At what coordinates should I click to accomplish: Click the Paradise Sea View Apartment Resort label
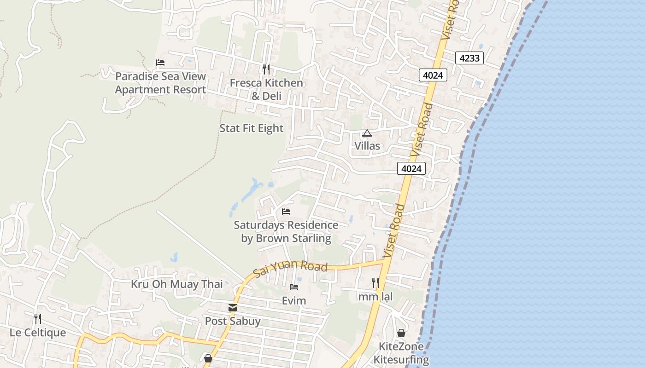click(x=160, y=83)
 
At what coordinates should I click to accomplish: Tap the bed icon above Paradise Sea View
click(x=160, y=63)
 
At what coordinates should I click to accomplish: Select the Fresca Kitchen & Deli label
click(x=266, y=89)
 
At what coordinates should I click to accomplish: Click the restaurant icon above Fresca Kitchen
click(x=266, y=69)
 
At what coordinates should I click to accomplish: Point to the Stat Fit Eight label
click(x=251, y=128)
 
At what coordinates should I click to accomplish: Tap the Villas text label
click(x=367, y=146)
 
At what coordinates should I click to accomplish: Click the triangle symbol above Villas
click(x=367, y=133)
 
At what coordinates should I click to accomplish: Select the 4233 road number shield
click(x=469, y=58)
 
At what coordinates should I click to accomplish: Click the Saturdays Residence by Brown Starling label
click(x=286, y=231)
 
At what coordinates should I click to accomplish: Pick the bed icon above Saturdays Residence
click(x=286, y=212)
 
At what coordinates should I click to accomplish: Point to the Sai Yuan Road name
click(x=290, y=268)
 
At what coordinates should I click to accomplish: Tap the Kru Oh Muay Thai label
click(x=177, y=284)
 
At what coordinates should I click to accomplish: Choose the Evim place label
click(x=294, y=301)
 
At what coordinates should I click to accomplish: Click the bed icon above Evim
click(x=294, y=287)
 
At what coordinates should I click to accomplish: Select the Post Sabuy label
click(x=233, y=321)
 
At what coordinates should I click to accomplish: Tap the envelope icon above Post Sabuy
click(x=233, y=308)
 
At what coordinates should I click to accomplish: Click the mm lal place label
click(x=375, y=297)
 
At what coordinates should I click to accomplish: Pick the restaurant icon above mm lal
click(x=375, y=283)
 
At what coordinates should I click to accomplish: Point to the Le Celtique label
click(x=38, y=333)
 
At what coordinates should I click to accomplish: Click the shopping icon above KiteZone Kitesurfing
click(x=401, y=333)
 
